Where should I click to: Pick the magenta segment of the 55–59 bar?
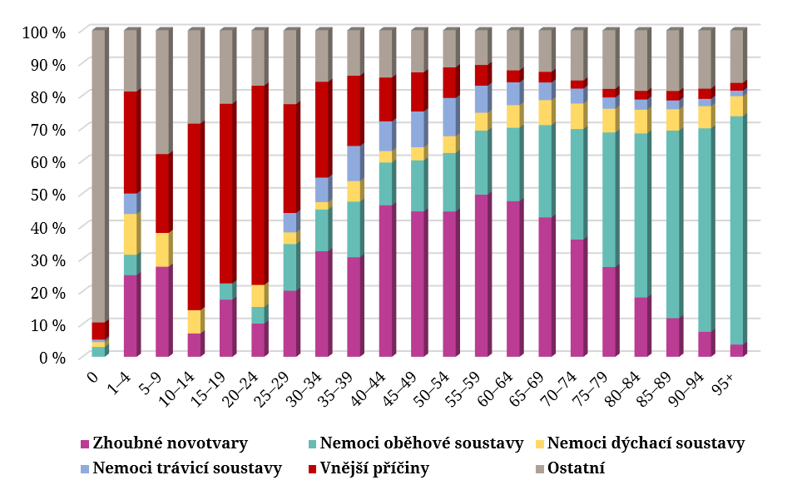(x=481, y=275)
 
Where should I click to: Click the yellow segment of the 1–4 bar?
(x=131, y=234)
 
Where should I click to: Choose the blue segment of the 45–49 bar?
(x=418, y=129)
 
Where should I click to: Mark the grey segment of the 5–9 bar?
(x=162, y=92)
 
